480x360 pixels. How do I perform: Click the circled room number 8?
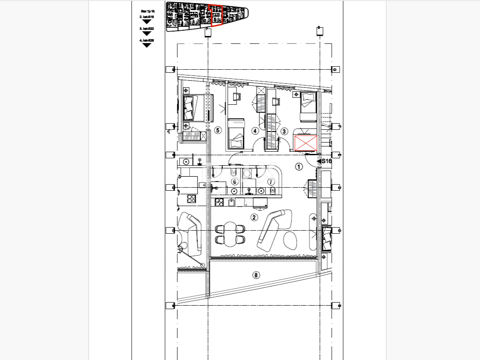pos(256,275)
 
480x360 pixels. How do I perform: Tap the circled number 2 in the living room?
pos(254,217)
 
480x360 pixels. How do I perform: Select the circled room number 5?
pos(219,130)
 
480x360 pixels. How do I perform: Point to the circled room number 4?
pos(255,131)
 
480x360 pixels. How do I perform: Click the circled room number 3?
pos(284,131)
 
